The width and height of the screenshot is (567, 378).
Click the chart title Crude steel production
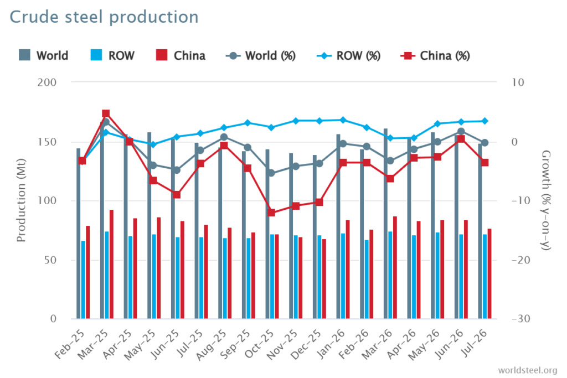(104, 17)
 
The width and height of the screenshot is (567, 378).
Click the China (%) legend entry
(435, 56)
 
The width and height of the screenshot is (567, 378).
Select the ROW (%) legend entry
(349, 56)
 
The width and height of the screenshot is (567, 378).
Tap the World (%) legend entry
(261, 56)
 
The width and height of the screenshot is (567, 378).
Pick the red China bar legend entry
(181, 55)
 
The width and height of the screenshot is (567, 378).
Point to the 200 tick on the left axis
(47, 82)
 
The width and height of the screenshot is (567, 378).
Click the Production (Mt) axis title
(22, 200)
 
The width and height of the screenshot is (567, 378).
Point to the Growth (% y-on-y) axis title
(545, 200)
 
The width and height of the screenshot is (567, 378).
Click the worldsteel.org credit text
(528, 370)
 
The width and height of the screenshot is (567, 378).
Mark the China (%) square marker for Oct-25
(271, 213)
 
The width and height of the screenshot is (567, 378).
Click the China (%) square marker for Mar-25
(106, 113)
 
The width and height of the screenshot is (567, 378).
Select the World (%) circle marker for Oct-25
(271, 173)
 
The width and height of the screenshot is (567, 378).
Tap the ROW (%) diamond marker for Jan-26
(343, 120)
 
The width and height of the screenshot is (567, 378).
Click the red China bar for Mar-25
(111, 264)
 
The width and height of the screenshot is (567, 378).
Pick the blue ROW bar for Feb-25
(83, 279)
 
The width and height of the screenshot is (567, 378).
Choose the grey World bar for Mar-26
(385, 224)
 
